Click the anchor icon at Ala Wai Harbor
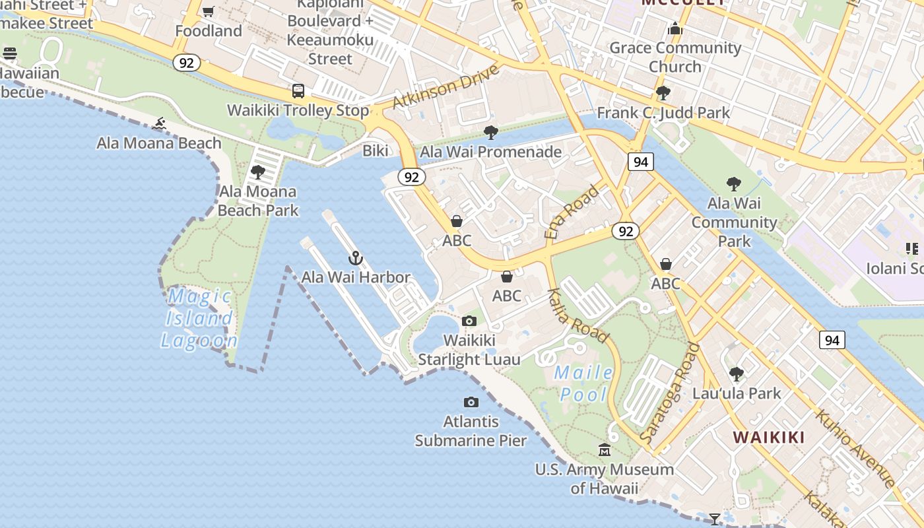coord(356,258)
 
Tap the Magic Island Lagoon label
coord(199,318)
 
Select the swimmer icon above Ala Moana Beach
coord(159,123)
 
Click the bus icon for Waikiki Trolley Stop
coord(298,91)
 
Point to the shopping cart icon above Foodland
coord(209,11)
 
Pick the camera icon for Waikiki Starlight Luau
coord(469,321)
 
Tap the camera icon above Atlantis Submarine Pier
coord(471,402)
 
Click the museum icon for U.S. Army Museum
coord(605,450)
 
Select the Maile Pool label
coord(583,383)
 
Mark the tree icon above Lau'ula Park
coord(737,374)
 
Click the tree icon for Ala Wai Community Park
coord(733,184)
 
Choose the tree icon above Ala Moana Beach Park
coord(258,172)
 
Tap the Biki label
coord(376,151)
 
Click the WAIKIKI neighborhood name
coord(768,437)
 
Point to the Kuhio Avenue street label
coord(854,447)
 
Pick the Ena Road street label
coord(572,212)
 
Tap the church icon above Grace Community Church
coord(675,28)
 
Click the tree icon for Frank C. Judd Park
coord(663,93)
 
